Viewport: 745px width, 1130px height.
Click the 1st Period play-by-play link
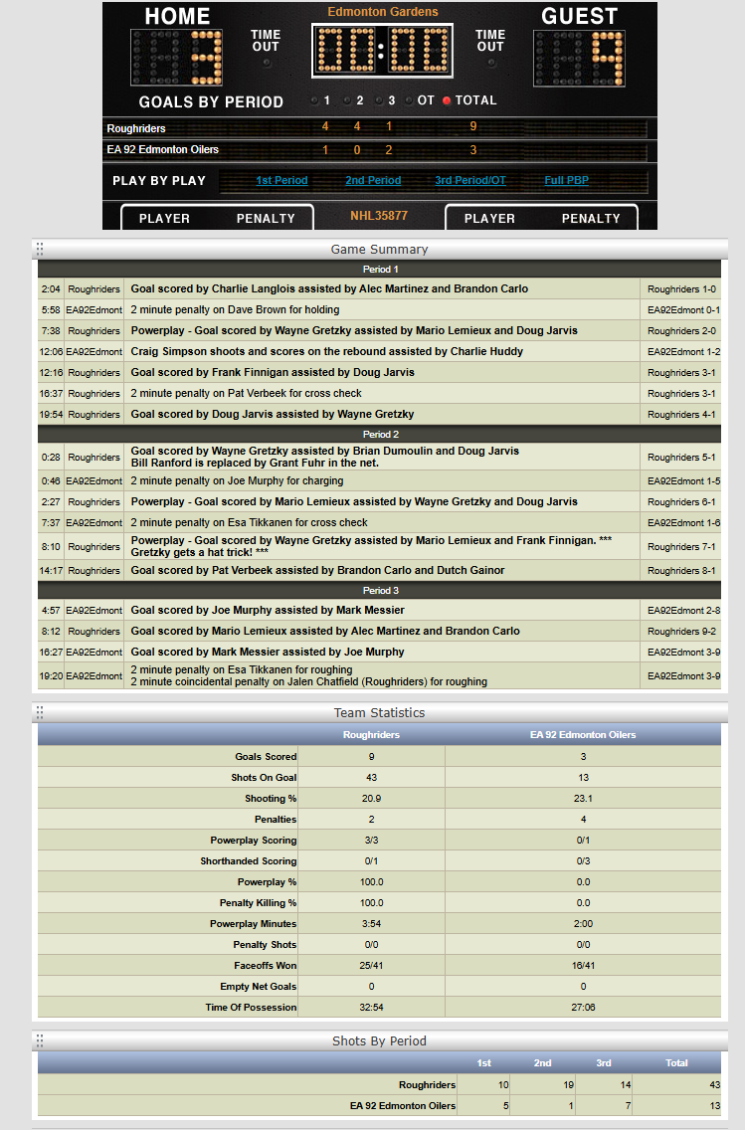pyautogui.click(x=281, y=181)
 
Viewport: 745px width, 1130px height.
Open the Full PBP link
pyautogui.click(x=567, y=181)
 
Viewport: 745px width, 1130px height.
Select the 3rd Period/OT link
pyautogui.click(x=470, y=181)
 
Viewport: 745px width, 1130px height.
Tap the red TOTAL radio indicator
pyautogui.click(x=447, y=100)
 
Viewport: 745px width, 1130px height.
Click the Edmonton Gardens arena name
pyautogui.click(x=383, y=12)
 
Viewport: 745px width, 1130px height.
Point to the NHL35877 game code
pyautogui.click(x=379, y=216)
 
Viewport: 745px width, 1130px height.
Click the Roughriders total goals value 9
pyautogui.click(x=473, y=127)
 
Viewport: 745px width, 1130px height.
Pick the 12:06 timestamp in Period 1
pyautogui.click(x=51, y=352)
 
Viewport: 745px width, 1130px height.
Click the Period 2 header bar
pyautogui.click(x=378, y=435)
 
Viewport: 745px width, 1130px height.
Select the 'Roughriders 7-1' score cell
pyautogui.click(x=681, y=547)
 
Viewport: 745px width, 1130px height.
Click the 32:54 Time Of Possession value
pyautogui.click(x=371, y=1008)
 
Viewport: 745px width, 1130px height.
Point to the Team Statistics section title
pyautogui.click(x=379, y=713)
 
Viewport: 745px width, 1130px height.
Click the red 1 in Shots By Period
pyautogui.click(x=543, y=1105)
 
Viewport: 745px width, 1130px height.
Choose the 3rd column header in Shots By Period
pyautogui.click(x=604, y=1063)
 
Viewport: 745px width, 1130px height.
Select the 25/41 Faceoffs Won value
pyautogui.click(x=371, y=966)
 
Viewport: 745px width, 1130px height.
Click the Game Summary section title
pyautogui.click(x=379, y=250)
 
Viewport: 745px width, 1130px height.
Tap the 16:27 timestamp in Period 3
pyautogui.click(x=51, y=653)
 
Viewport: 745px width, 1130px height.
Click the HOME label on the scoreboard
pyautogui.click(x=177, y=17)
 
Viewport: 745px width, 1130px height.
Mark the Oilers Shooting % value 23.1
pyautogui.click(x=583, y=799)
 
